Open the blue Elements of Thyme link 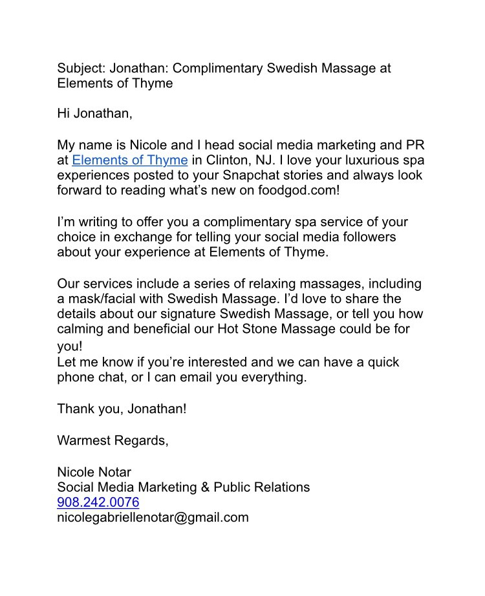coord(129,160)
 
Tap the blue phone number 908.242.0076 coord(98,502)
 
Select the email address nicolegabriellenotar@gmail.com coord(153,517)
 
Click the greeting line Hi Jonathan coord(94,114)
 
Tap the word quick coord(383,362)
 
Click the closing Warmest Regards coord(113,441)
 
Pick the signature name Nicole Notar coord(94,472)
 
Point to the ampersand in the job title coord(204,487)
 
